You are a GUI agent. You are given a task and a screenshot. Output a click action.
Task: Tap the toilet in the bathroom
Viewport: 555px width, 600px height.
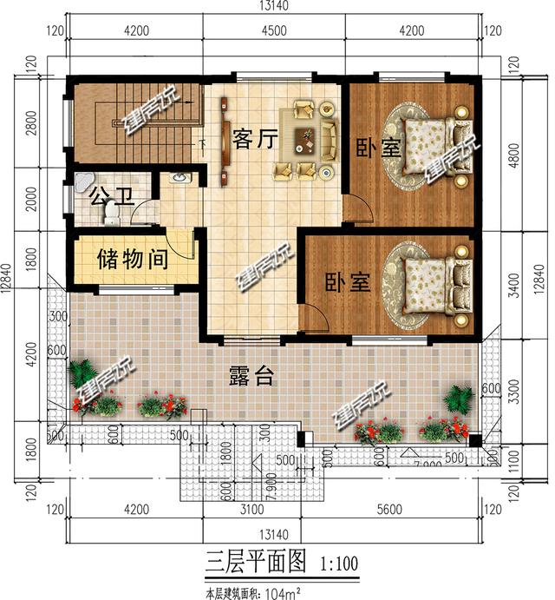pos(110,210)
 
